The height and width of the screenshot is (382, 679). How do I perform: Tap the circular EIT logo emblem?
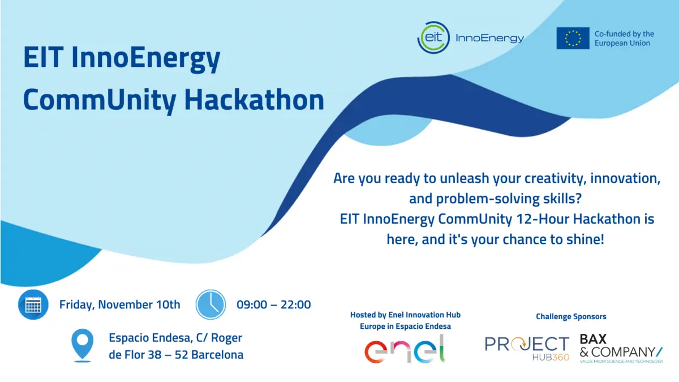[x=433, y=38]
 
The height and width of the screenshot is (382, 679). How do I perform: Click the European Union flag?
[x=573, y=38]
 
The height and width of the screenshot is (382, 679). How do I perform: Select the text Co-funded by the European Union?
[x=624, y=38]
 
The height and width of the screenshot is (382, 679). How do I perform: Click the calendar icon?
[x=33, y=304]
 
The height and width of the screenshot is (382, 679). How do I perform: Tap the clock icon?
[x=210, y=304]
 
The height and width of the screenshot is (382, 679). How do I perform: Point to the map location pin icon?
[x=83, y=346]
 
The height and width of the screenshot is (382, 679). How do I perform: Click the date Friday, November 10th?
[x=120, y=304]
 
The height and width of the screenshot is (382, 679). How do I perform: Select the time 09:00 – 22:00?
[x=273, y=304]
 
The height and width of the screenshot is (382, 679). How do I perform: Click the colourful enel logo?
[x=405, y=349]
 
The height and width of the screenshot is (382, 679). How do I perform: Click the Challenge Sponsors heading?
[x=571, y=316]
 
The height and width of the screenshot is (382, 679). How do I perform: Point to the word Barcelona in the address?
[x=217, y=355]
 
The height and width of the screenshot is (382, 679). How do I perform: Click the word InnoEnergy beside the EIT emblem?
[x=489, y=38]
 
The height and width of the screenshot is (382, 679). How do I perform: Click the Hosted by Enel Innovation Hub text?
[x=405, y=315]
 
